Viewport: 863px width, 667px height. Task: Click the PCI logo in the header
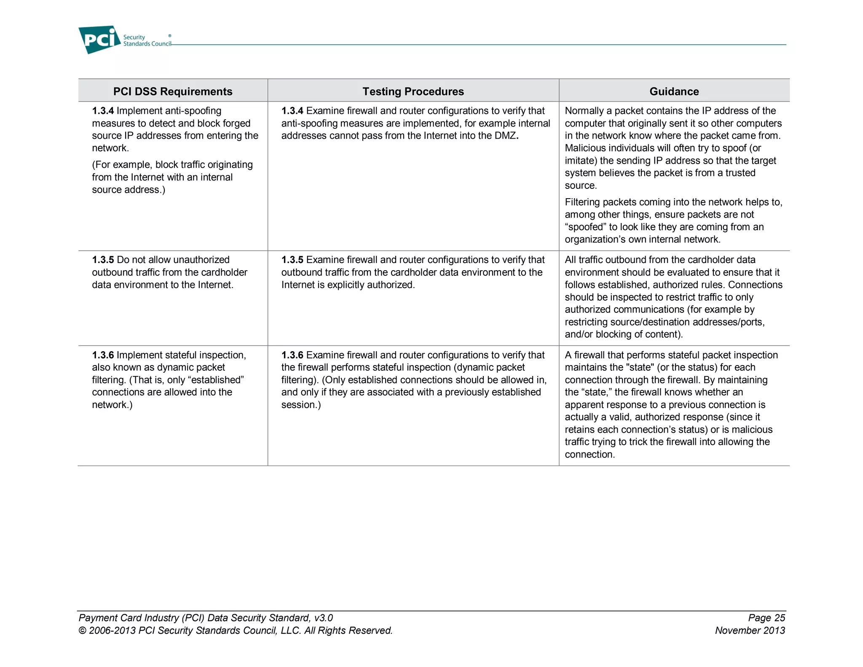point(99,40)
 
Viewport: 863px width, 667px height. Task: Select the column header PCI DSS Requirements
point(173,91)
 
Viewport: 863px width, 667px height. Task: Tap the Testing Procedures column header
point(413,91)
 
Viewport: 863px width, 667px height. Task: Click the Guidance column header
point(674,91)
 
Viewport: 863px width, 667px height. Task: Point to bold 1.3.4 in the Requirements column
point(103,111)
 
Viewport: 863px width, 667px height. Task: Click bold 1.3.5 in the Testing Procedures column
point(292,260)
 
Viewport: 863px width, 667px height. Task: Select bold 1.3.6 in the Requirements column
point(103,355)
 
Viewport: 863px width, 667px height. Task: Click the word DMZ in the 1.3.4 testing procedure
point(505,136)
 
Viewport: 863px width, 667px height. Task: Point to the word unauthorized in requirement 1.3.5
point(201,260)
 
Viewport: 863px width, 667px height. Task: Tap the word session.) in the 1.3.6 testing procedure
point(301,405)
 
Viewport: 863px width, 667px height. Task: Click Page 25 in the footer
point(767,618)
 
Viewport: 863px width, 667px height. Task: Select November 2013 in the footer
point(750,630)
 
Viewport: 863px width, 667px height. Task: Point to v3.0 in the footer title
point(323,618)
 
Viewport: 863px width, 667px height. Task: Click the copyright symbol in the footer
point(83,631)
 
